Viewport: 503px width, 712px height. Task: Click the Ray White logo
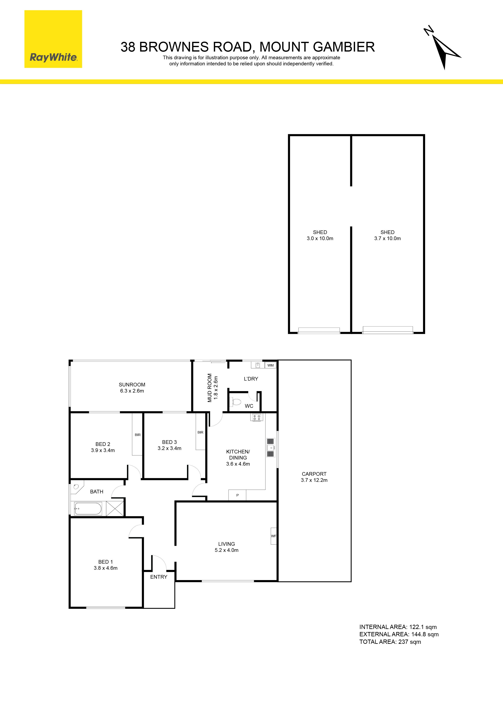pos(53,39)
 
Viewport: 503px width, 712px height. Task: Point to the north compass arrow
pos(442,48)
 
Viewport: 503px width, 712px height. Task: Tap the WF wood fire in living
pos(274,536)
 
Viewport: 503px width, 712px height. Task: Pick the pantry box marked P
pos(237,495)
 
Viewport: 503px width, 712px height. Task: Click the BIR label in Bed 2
pos(138,435)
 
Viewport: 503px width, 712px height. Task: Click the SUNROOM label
pos(132,385)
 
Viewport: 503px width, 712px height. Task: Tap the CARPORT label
pos(314,474)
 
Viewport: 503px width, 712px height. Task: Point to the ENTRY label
pos(159,577)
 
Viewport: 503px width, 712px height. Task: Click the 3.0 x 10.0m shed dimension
pos(320,238)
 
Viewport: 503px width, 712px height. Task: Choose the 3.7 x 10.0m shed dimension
pos(387,238)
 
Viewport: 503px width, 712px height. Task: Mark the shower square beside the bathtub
pos(115,509)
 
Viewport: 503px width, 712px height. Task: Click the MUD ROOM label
pos(210,388)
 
